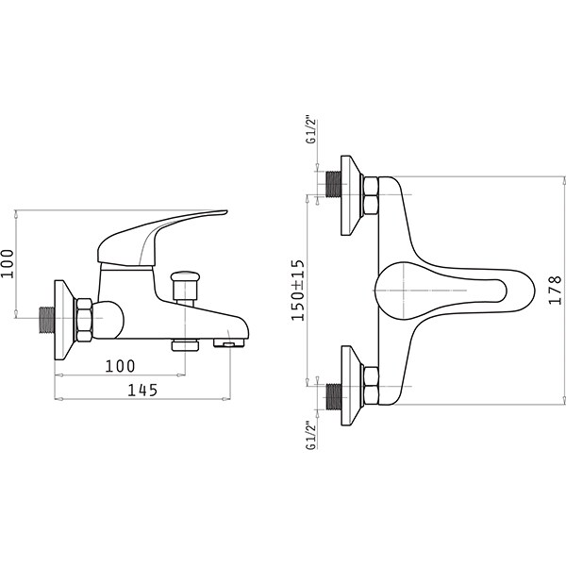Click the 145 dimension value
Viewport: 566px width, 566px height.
[x=143, y=390]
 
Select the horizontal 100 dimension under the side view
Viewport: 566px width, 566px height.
[x=120, y=366]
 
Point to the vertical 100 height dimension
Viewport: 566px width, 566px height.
[x=8, y=263]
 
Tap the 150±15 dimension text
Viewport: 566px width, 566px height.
[x=298, y=291]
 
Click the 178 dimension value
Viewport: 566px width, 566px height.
[x=555, y=291]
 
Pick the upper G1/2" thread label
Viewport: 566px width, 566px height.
[x=310, y=130]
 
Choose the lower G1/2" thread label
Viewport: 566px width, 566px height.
[x=310, y=435]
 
